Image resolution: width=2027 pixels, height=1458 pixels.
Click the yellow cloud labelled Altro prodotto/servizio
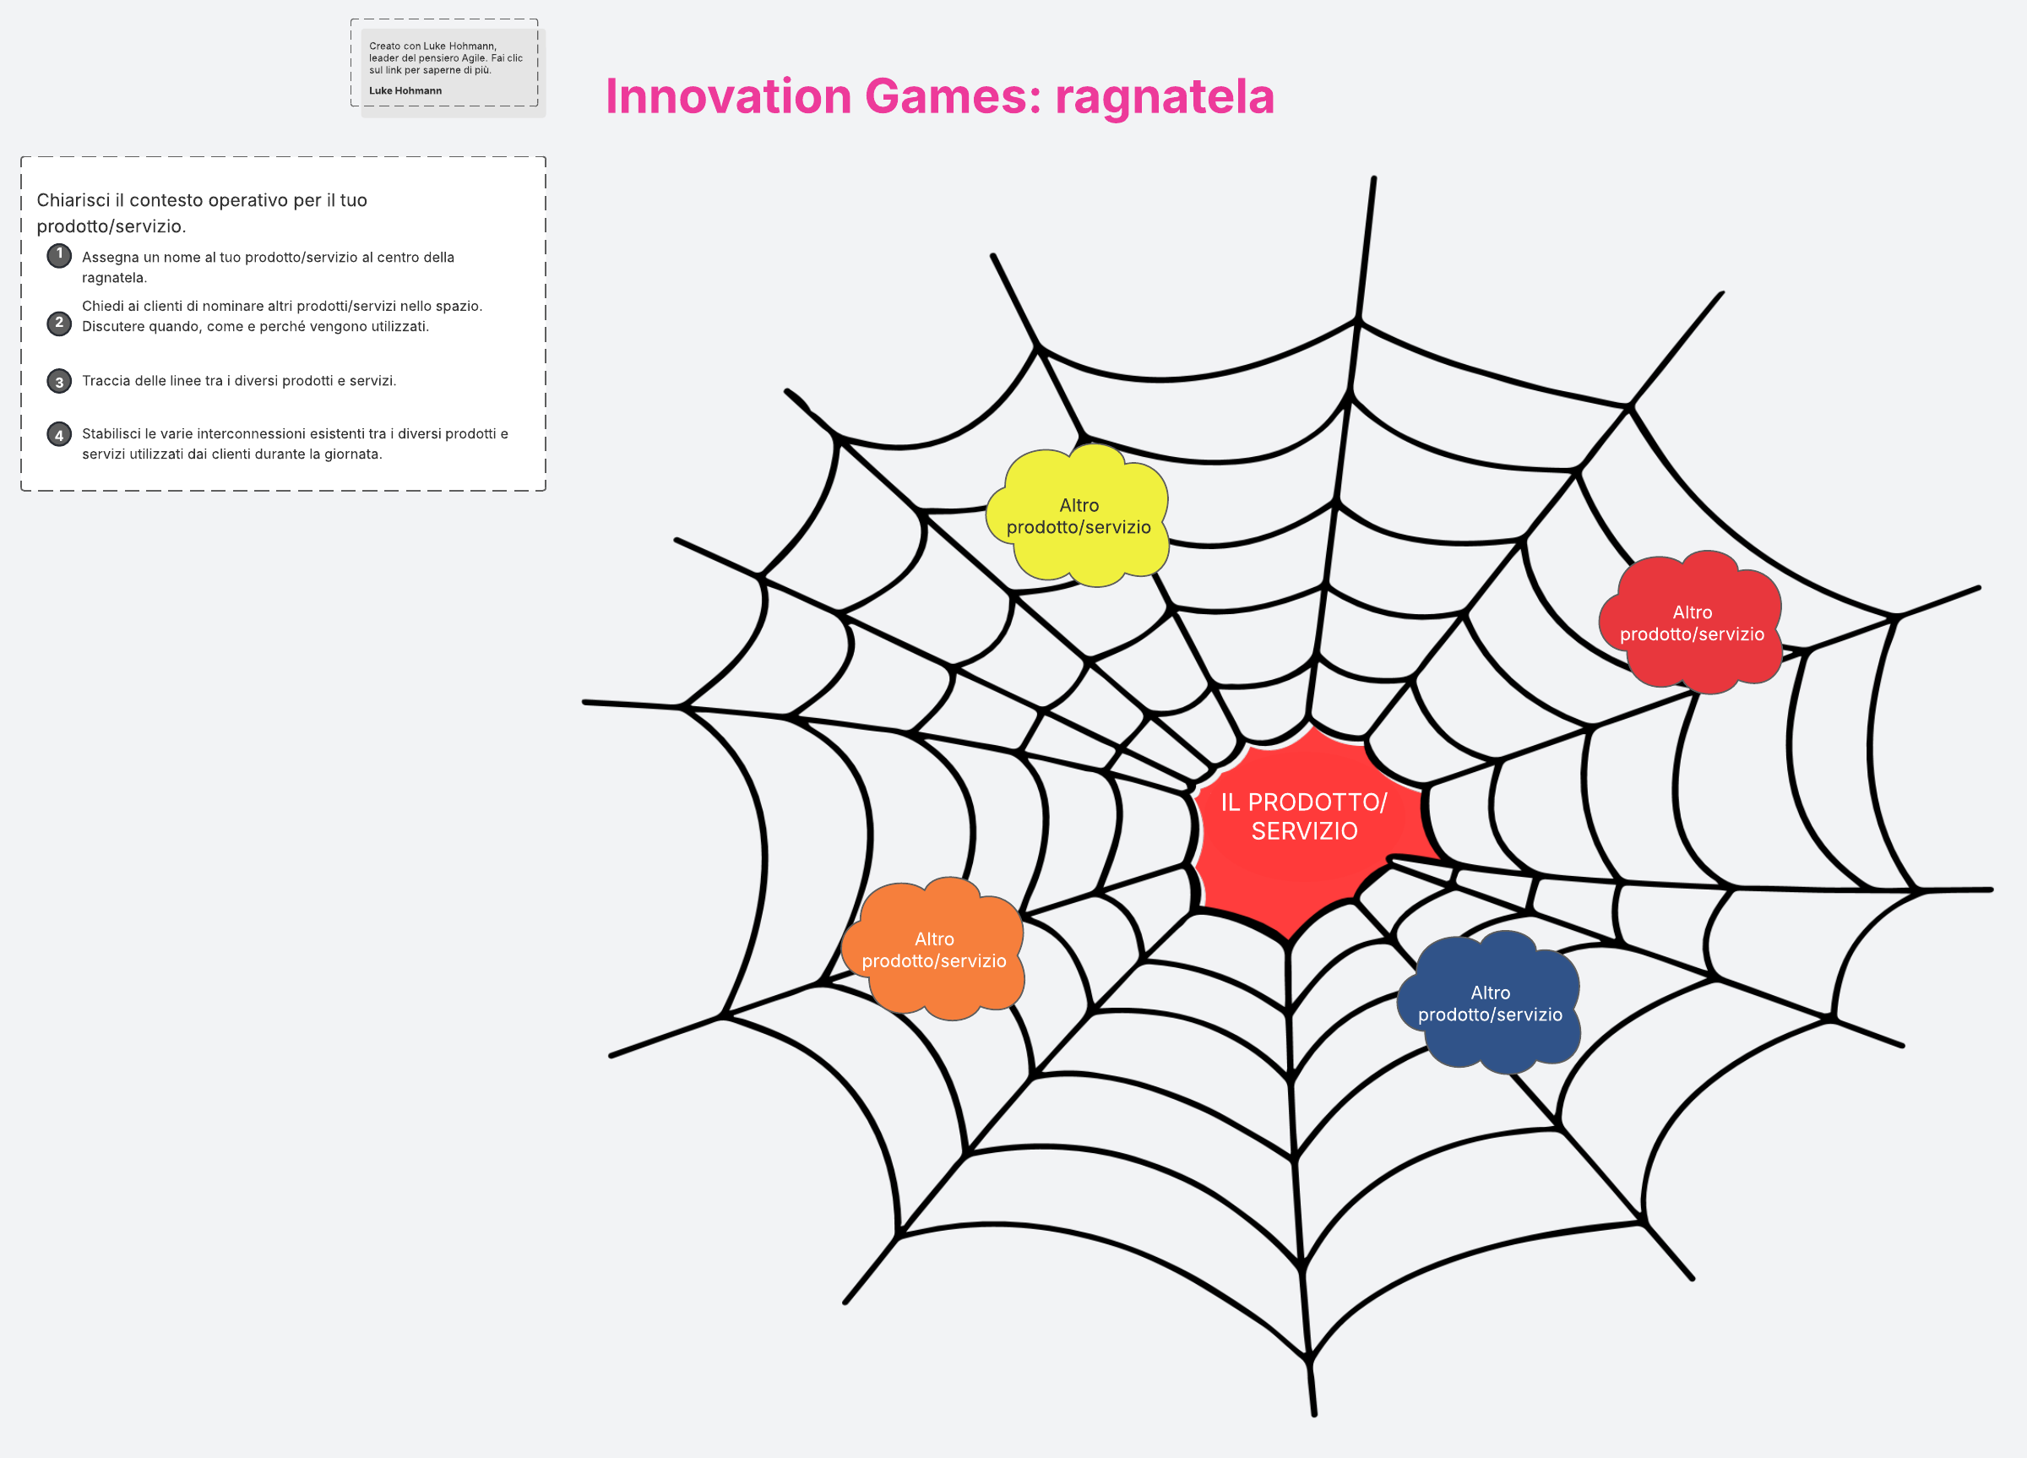(1078, 516)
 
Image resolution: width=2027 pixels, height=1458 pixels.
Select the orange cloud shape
(933, 949)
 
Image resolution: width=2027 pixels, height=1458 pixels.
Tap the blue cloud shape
(1489, 1002)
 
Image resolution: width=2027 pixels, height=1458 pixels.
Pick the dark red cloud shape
(1691, 623)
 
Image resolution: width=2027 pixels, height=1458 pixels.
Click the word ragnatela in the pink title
(1165, 96)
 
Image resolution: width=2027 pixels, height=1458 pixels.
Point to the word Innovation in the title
(728, 95)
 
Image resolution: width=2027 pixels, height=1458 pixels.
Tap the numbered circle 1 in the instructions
(59, 256)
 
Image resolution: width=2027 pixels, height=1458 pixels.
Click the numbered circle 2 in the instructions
(59, 323)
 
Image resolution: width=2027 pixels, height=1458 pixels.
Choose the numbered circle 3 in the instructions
(59, 381)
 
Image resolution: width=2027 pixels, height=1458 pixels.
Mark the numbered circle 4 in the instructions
(59, 434)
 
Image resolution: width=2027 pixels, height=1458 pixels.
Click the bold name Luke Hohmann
(405, 90)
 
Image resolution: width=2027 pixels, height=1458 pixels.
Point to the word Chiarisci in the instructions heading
(73, 200)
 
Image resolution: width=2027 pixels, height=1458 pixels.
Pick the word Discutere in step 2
(113, 326)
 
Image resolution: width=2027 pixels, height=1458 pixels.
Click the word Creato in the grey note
(385, 46)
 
